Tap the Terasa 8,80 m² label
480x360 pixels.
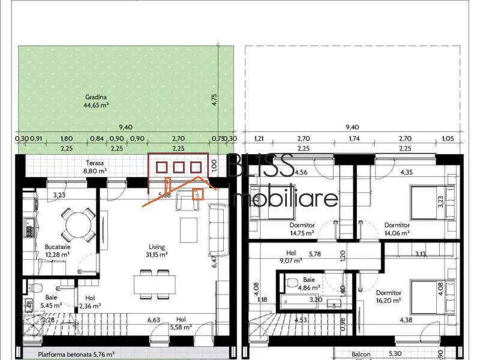[x=95, y=166]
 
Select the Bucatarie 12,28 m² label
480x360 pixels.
[x=58, y=250]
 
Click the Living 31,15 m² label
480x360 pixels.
[x=157, y=250]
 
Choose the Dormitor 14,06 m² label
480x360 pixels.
[x=397, y=229]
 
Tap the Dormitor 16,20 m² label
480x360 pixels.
[x=389, y=296]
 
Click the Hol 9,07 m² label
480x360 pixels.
[x=292, y=257]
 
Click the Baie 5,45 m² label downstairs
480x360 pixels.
[x=52, y=301]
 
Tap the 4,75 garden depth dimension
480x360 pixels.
[x=214, y=100]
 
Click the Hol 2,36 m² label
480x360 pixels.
[x=90, y=301]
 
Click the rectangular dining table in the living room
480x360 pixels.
[x=155, y=282]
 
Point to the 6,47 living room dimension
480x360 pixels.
[x=214, y=261]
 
